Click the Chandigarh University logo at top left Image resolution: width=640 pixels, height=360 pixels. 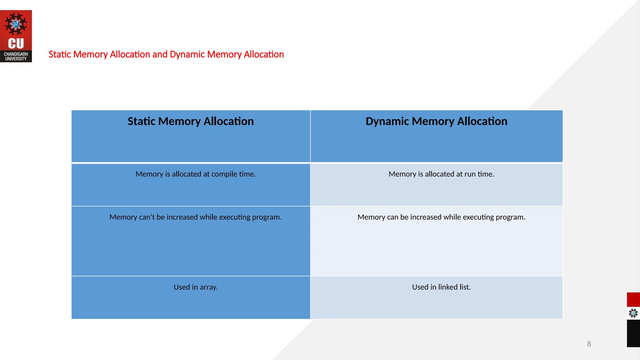(16, 36)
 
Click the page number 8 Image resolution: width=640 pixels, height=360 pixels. (589, 344)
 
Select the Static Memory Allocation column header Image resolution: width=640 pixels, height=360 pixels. (191, 121)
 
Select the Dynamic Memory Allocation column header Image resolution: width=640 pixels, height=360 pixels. (436, 121)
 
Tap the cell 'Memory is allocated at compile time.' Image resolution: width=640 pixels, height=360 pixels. (196, 174)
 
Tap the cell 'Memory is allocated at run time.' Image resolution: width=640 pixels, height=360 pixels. (441, 174)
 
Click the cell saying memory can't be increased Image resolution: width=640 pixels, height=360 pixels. (196, 217)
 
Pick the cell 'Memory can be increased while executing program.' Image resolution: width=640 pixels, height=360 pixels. (441, 217)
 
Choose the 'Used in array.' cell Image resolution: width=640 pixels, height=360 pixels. (196, 287)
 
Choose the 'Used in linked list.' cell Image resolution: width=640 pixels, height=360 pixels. (441, 287)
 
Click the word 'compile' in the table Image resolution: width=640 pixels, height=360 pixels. (224, 174)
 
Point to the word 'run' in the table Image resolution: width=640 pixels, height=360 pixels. (470, 174)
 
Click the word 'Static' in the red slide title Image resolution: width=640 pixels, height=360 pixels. (60, 54)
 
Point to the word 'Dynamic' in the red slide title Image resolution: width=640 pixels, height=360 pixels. (187, 54)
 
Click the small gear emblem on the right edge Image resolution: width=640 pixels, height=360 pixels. (633, 313)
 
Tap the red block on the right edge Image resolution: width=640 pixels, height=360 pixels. (633, 299)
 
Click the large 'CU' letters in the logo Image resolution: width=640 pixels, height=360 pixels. (16, 44)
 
